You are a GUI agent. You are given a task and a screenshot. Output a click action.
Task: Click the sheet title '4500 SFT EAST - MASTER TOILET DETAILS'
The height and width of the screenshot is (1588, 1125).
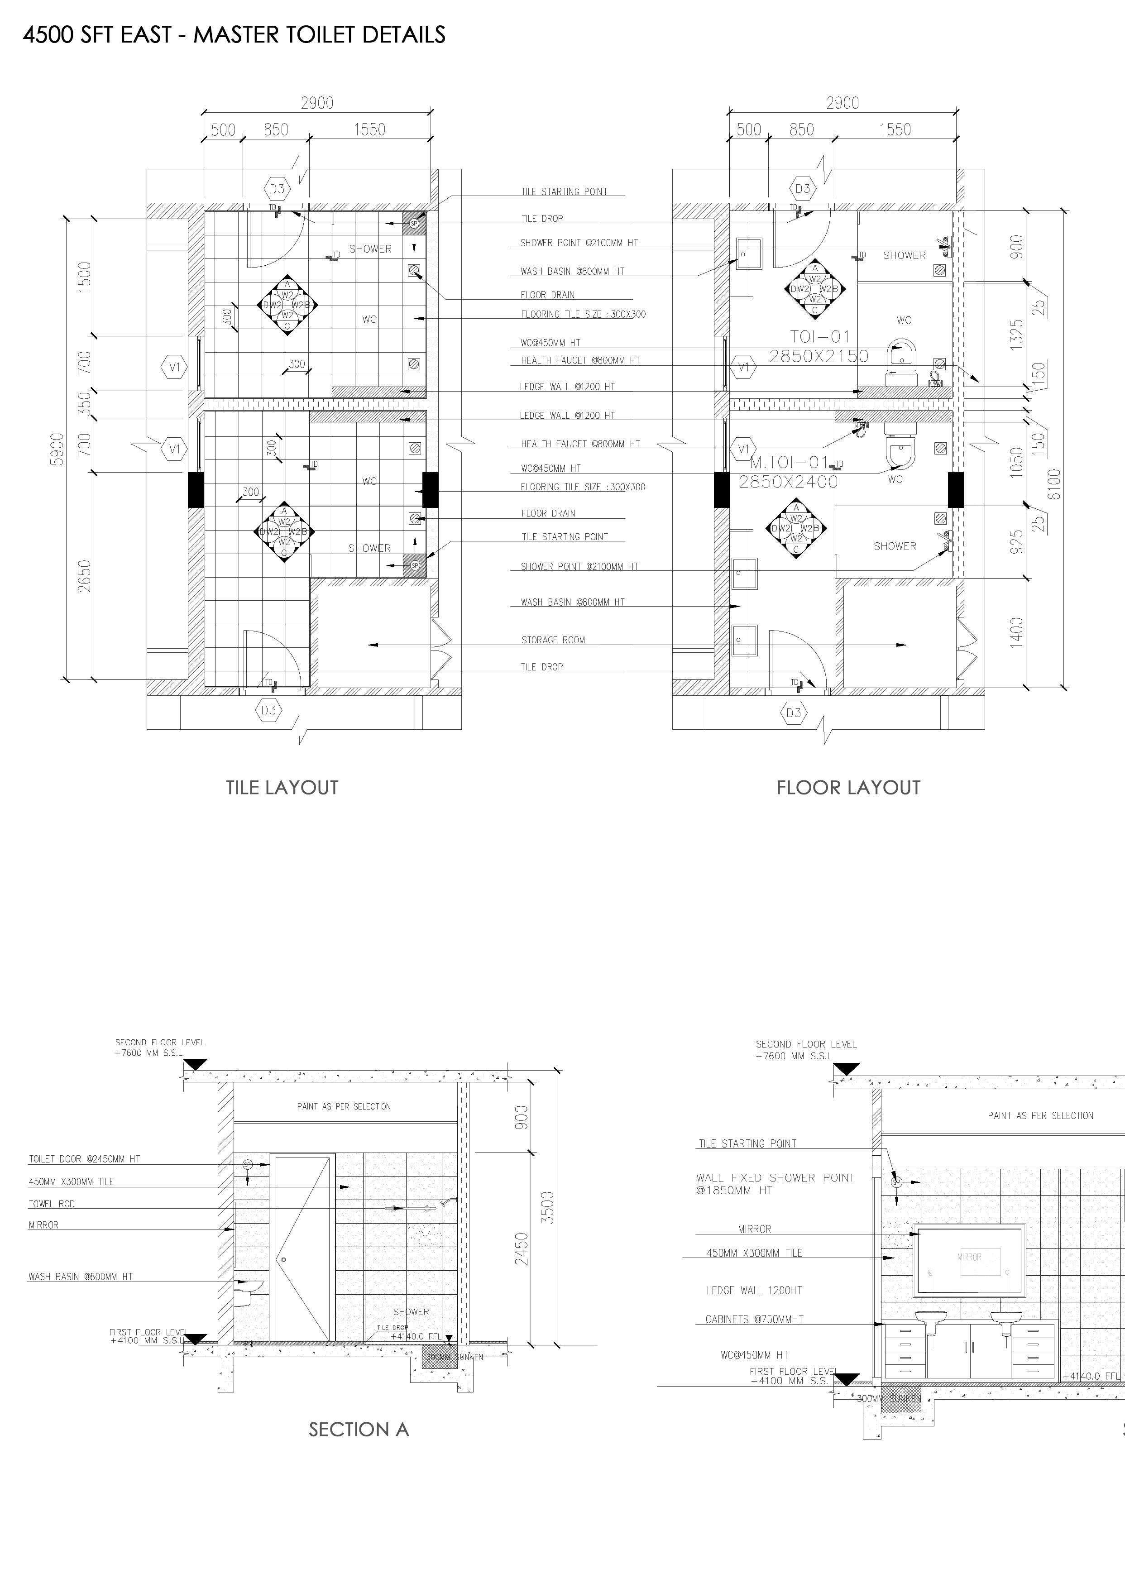[x=234, y=34]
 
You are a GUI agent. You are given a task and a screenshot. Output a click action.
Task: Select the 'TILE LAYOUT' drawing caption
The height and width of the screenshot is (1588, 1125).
[x=282, y=787]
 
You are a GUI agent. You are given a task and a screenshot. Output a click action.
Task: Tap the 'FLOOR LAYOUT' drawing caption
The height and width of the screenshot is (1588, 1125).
[x=848, y=787]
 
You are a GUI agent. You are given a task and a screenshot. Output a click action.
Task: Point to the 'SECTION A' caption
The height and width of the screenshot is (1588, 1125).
[x=359, y=1430]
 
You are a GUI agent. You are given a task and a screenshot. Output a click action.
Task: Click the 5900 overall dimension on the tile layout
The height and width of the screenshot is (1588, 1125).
[x=57, y=449]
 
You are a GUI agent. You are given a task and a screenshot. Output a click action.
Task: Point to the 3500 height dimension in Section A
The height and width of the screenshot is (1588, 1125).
[x=547, y=1207]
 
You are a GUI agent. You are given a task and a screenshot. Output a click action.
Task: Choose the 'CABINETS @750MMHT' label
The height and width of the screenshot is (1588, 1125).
[x=754, y=1319]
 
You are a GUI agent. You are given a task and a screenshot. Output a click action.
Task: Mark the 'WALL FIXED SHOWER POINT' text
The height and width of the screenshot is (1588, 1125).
[x=775, y=1177]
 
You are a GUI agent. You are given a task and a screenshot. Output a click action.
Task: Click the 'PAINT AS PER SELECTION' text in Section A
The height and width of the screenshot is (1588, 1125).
[x=344, y=1106]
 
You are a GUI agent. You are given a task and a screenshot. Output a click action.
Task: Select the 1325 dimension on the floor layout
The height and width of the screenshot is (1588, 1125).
[x=1016, y=334]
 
